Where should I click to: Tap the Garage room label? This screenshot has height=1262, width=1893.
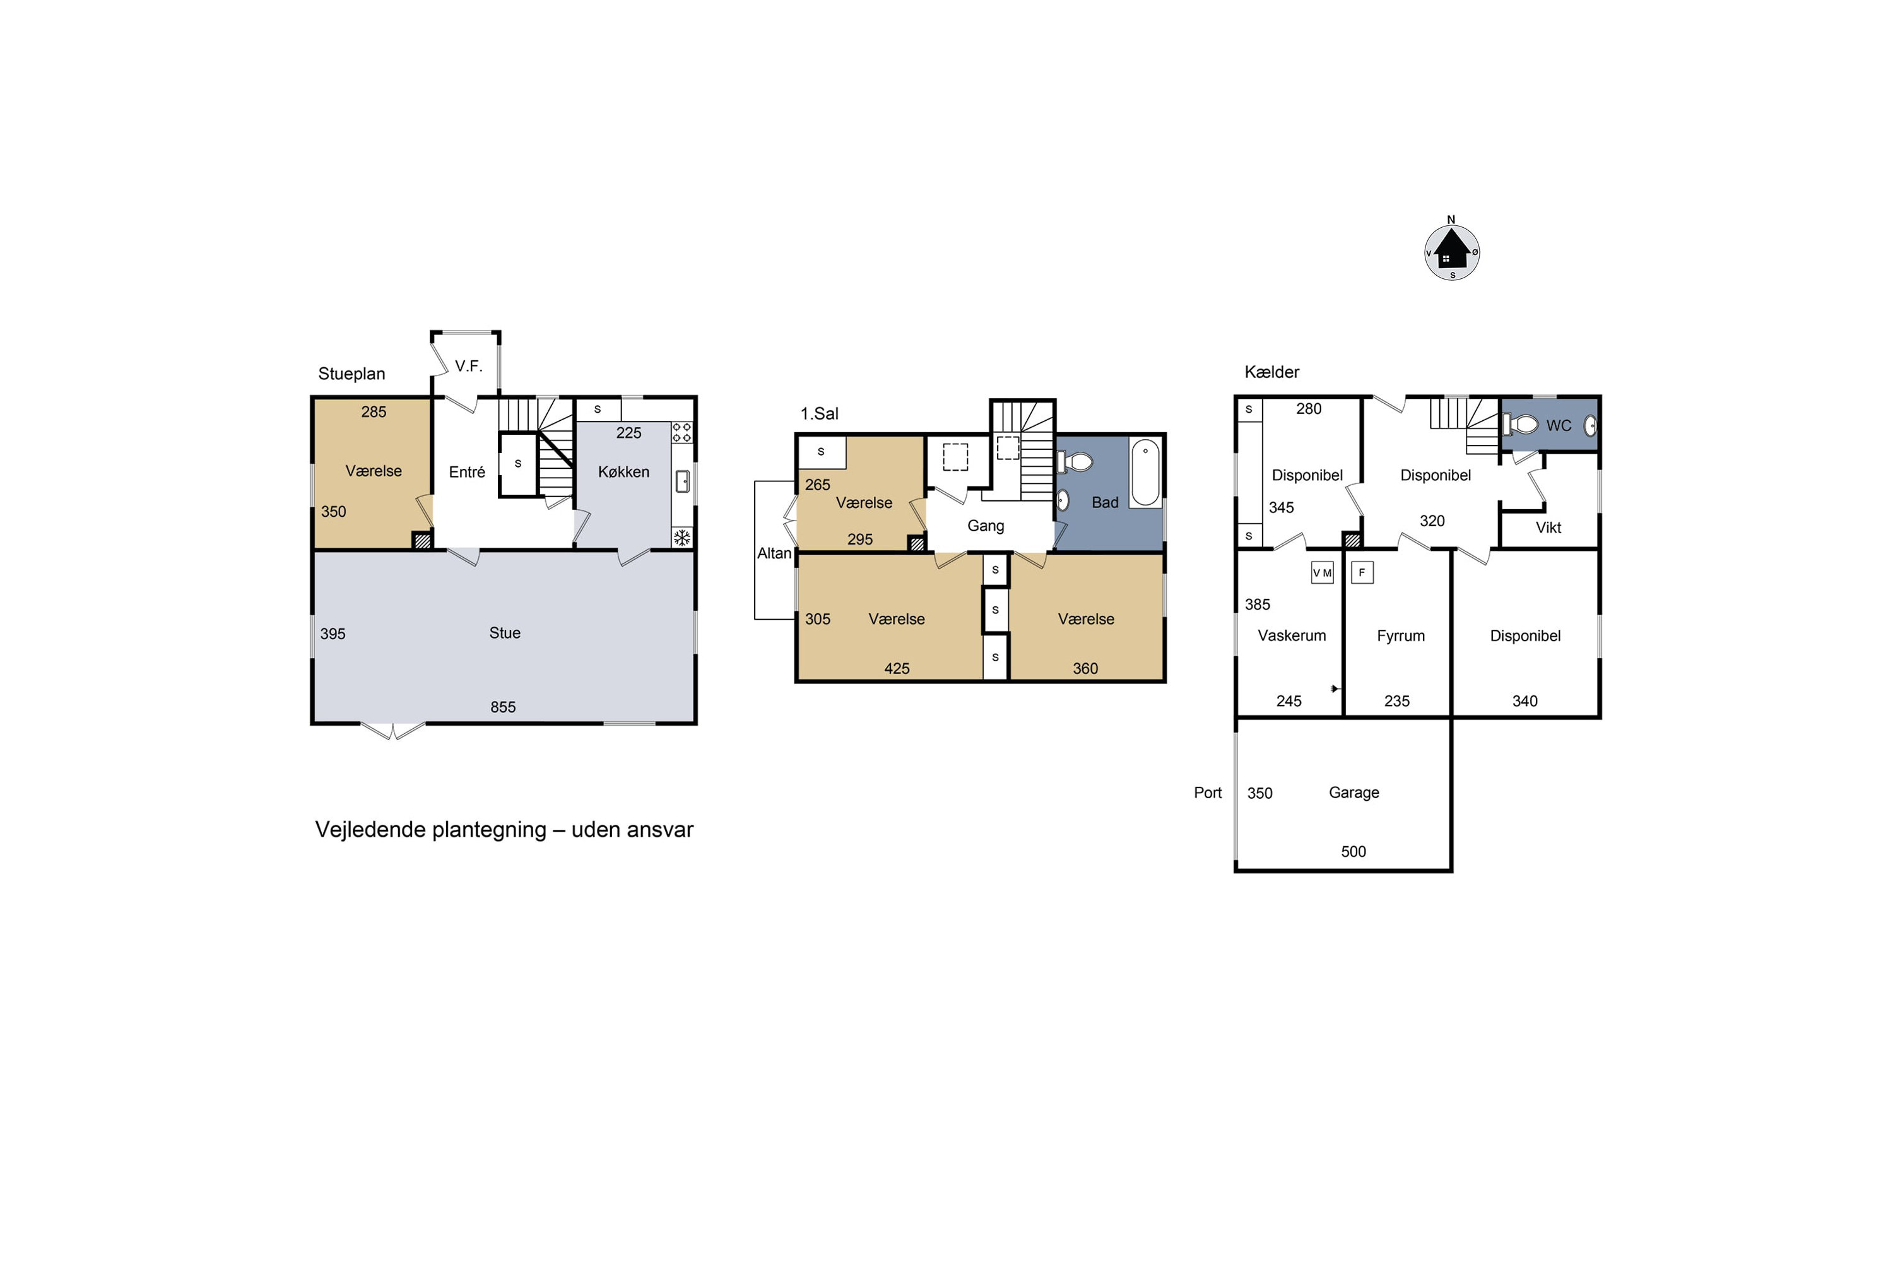[1353, 793]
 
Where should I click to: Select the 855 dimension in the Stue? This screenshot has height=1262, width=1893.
[503, 707]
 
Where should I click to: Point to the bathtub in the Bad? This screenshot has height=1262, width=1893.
[1145, 473]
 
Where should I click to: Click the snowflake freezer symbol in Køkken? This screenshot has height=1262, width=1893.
[681, 538]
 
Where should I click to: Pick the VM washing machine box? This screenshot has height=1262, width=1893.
[1323, 572]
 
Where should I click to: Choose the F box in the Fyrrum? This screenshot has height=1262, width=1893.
[1362, 572]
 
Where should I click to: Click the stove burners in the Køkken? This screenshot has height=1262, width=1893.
[681, 432]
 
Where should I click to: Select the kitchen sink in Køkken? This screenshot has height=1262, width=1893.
[683, 481]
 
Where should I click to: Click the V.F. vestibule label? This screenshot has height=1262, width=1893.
[468, 366]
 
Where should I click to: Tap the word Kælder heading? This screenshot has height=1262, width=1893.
[1271, 372]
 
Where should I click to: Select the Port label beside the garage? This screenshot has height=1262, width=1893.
[1207, 793]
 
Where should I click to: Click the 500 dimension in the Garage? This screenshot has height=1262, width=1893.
[1353, 851]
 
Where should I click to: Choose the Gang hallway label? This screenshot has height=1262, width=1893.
[986, 526]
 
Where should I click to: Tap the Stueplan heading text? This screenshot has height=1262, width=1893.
[351, 374]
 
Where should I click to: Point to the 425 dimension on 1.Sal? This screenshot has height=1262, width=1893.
[897, 669]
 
